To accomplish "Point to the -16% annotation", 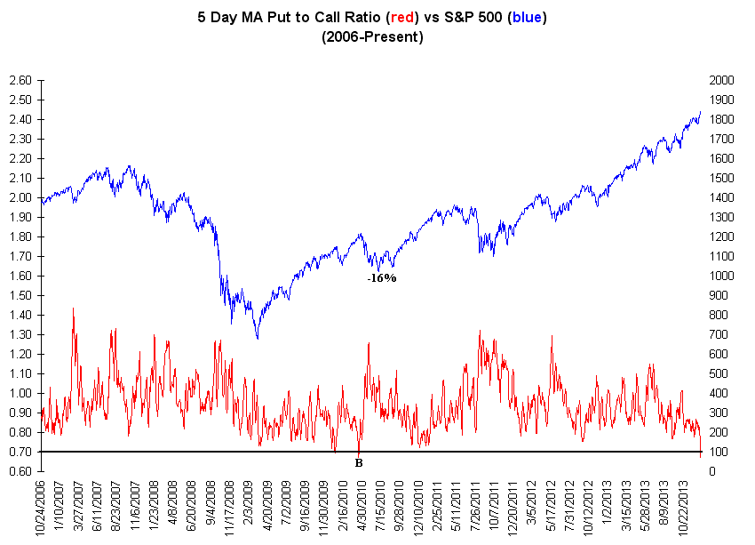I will (382, 278).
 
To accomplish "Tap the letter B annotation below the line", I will (358, 462).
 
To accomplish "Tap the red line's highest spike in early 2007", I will (73, 309).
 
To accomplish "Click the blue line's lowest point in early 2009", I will (258, 338).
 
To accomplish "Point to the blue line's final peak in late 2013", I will (700, 112).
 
